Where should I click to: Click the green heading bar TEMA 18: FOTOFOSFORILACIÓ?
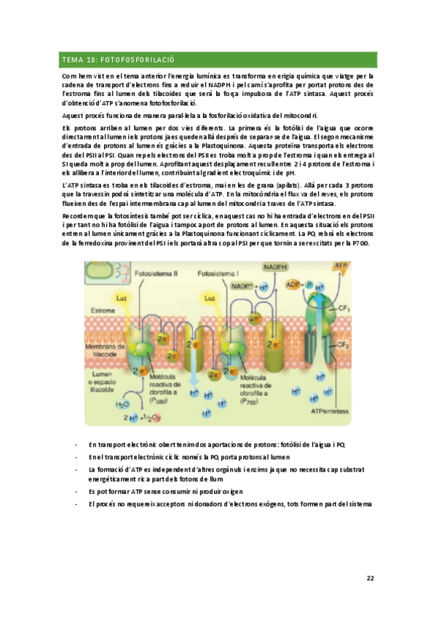pos(218,60)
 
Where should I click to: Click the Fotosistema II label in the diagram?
pos(157,274)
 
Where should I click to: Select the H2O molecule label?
pos(124,403)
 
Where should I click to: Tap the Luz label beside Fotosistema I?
pos(209,298)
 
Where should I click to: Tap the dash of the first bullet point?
pos(76,445)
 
